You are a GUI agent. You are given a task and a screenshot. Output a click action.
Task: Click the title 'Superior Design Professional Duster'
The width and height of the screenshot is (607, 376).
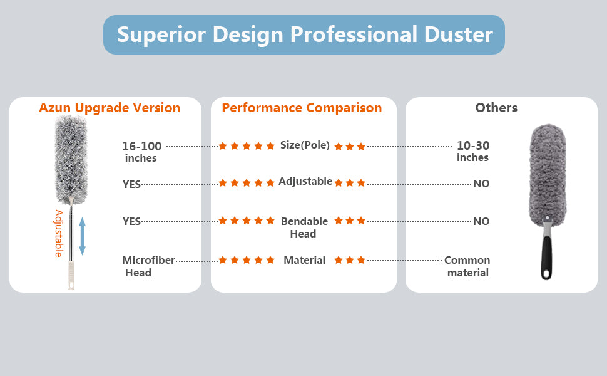click(x=305, y=34)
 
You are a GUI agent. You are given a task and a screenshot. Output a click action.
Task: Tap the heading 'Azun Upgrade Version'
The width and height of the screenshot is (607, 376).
click(x=110, y=108)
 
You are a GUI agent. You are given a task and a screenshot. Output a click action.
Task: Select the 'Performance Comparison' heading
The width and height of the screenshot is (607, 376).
click(x=302, y=108)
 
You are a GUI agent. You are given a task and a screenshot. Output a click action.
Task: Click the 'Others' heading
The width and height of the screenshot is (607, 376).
click(x=496, y=107)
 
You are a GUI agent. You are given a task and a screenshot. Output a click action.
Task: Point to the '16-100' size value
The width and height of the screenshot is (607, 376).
click(x=141, y=146)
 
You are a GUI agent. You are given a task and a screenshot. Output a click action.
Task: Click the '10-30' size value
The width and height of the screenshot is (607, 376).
click(x=473, y=145)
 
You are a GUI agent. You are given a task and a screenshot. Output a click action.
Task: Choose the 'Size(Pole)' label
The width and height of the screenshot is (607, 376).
click(x=305, y=145)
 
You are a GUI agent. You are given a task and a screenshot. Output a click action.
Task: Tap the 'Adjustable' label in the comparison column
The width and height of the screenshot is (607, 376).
click(x=305, y=181)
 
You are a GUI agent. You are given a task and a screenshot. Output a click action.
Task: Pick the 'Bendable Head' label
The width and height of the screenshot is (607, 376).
click(x=304, y=227)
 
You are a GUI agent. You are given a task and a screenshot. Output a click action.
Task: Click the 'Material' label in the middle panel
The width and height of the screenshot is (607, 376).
click(x=304, y=260)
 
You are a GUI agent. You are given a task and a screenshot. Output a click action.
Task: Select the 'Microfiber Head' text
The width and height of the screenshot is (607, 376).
click(x=149, y=266)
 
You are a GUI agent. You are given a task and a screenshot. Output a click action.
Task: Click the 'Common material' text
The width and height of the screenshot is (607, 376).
click(x=467, y=266)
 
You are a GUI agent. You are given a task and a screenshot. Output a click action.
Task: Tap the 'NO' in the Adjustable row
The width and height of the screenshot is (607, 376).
click(x=481, y=184)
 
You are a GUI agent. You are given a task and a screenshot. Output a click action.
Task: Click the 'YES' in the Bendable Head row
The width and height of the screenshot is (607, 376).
click(x=131, y=221)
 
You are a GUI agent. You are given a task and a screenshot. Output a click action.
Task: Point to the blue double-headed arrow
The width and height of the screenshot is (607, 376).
click(x=82, y=236)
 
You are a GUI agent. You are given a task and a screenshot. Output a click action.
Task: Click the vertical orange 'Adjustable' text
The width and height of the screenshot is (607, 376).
click(x=58, y=233)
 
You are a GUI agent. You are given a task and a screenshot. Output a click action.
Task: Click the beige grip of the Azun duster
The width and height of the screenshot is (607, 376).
click(x=71, y=275)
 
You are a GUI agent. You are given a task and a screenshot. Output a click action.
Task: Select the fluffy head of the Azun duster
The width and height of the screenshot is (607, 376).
click(x=71, y=160)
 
